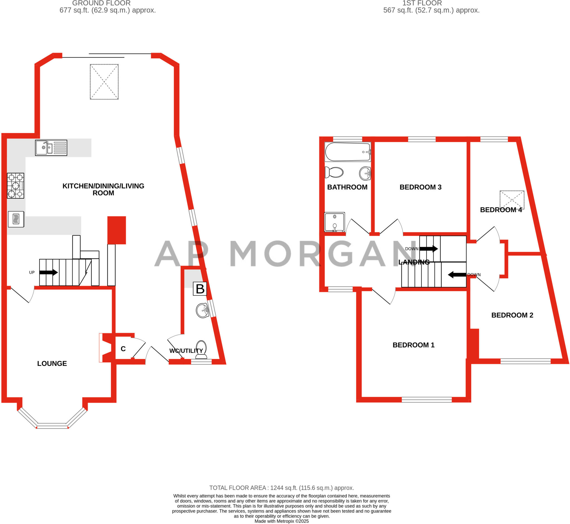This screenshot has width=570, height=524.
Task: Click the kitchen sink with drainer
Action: [x=51, y=148]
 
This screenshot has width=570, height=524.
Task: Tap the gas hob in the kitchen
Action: [x=16, y=186]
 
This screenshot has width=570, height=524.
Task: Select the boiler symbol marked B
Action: [x=200, y=289]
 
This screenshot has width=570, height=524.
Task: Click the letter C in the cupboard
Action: [x=123, y=349]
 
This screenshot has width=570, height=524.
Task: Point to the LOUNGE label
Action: [x=52, y=363]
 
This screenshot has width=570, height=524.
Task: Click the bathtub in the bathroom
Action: [x=347, y=152]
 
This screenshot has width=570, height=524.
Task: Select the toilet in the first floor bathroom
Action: [x=334, y=172]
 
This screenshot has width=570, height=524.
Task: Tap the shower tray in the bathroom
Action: [x=335, y=222]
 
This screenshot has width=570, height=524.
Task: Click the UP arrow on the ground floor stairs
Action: [x=48, y=272]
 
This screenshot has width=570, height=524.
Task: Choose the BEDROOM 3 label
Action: [x=420, y=187]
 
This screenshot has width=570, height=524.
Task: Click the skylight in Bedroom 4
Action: [x=512, y=200]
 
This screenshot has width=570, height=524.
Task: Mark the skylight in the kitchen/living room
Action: [x=104, y=82]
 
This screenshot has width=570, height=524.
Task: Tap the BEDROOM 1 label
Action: [x=413, y=345]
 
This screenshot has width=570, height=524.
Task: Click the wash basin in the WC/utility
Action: [x=202, y=311]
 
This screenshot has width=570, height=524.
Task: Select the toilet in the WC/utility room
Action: [x=201, y=349]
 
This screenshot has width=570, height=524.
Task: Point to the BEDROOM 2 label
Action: [x=512, y=315]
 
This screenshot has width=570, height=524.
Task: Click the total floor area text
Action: [x=281, y=488]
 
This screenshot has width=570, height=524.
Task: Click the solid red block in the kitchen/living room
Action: [x=117, y=230]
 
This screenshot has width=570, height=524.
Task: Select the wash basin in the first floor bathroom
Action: [x=365, y=173]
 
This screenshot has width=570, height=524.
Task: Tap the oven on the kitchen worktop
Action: [x=16, y=219]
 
